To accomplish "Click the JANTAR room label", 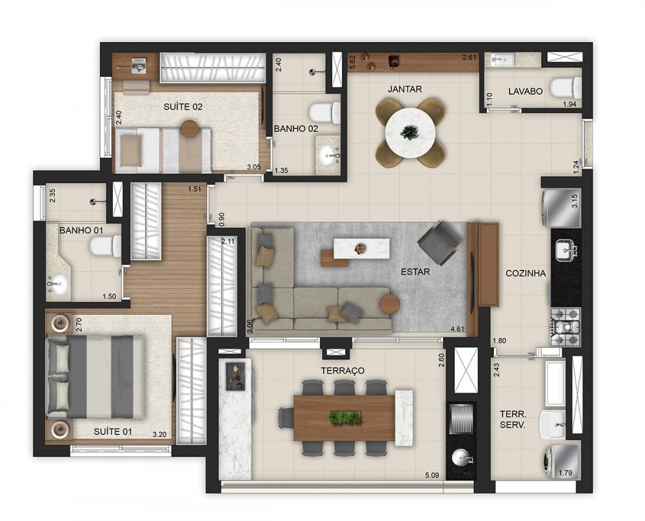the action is click(x=405, y=89).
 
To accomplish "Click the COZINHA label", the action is click(x=526, y=274).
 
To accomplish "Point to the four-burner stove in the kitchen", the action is click(x=566, y=327).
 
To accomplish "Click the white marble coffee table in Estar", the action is click(x=361, y=249).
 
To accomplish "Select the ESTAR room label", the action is click(x=415, y=272).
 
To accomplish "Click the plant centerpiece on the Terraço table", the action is click(x=344, y=417).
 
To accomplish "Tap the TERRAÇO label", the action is click(x=342, y=371).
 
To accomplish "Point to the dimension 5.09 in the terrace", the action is click(x=432, y=475).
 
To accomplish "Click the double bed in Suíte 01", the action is click(x=96, y=377).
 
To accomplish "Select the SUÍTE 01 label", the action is click(x=113, y=432).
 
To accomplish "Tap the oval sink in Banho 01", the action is click(x=57, y=283).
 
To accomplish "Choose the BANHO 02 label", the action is click(x=296, y=128).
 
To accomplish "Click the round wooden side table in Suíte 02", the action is click(x=190, y=129).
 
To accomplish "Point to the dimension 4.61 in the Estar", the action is click(x=457, y=329).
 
